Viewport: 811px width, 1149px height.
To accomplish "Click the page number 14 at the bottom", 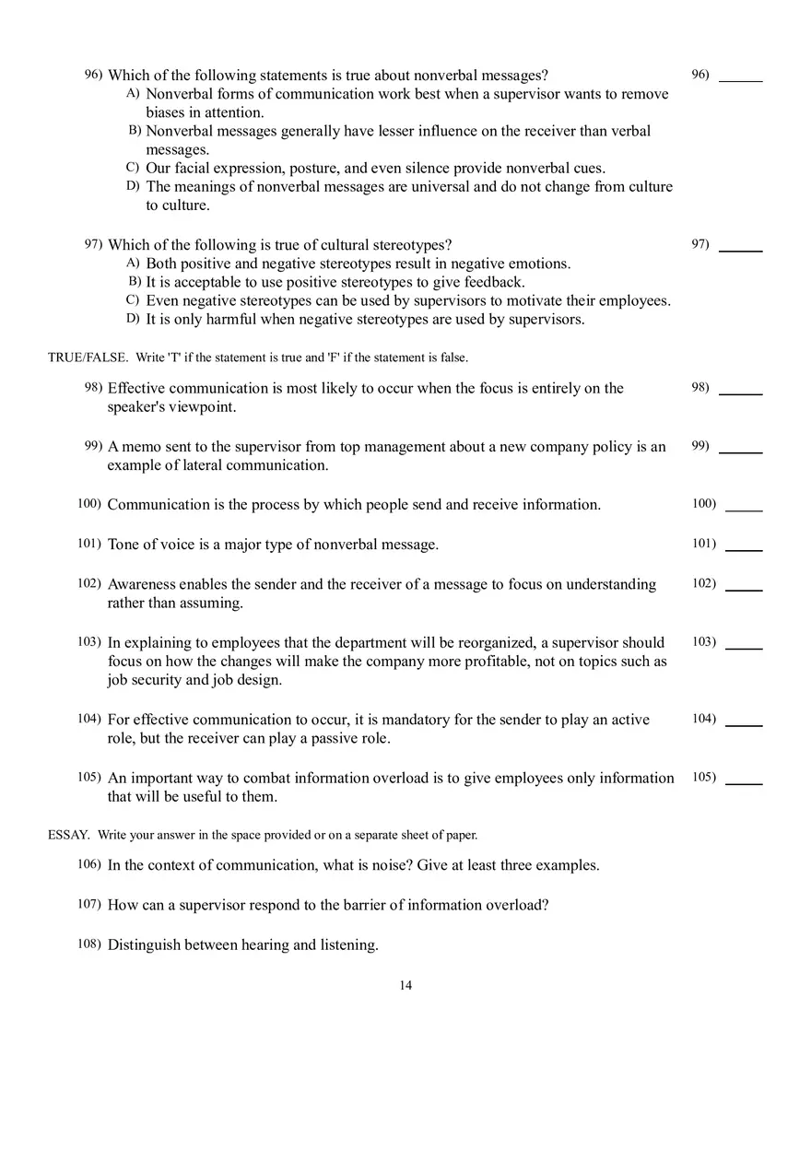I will (405, 986).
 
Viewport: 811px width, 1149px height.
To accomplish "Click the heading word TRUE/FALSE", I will (88, 358).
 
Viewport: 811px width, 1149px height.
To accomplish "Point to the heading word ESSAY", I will (68, 835).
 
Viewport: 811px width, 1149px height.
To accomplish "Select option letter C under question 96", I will (132, 168).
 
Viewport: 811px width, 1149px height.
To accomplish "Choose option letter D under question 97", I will (132, 319).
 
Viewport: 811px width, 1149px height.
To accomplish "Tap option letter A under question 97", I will (132, 264).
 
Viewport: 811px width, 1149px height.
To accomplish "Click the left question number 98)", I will (93, 388).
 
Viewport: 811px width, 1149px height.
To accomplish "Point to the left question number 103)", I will (89, 641).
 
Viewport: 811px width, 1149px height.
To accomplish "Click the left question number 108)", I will (89, 944).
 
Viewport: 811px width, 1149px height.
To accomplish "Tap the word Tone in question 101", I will (124, 545).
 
